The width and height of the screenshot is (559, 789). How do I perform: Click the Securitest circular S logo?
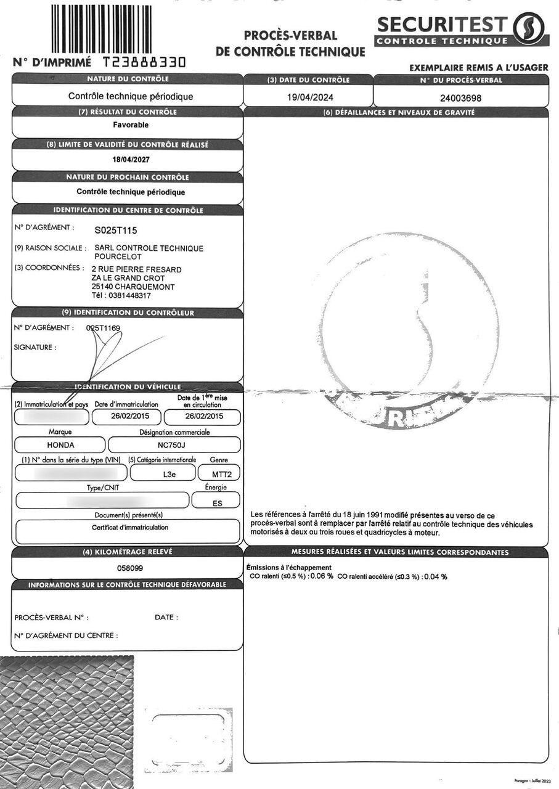coord(528,28)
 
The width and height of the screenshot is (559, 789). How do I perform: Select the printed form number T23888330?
coord(144,62)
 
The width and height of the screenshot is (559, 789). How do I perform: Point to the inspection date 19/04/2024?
coord(304,97)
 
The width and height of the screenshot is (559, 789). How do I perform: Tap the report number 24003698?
coord(461,97)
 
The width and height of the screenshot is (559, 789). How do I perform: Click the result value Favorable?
coord(131,125)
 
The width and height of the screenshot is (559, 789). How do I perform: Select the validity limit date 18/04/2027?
coord(131,159)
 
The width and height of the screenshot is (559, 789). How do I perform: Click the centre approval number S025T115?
coord(115,231)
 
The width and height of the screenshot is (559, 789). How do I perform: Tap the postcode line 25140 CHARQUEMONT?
coord(133,287)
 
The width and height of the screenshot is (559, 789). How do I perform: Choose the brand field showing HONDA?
coord(60,444)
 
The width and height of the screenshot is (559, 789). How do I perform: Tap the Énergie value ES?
coord(216,502)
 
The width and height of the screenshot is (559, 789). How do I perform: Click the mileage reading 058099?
coord(130,567)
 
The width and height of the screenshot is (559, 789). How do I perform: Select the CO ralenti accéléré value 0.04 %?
coord(435,576)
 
